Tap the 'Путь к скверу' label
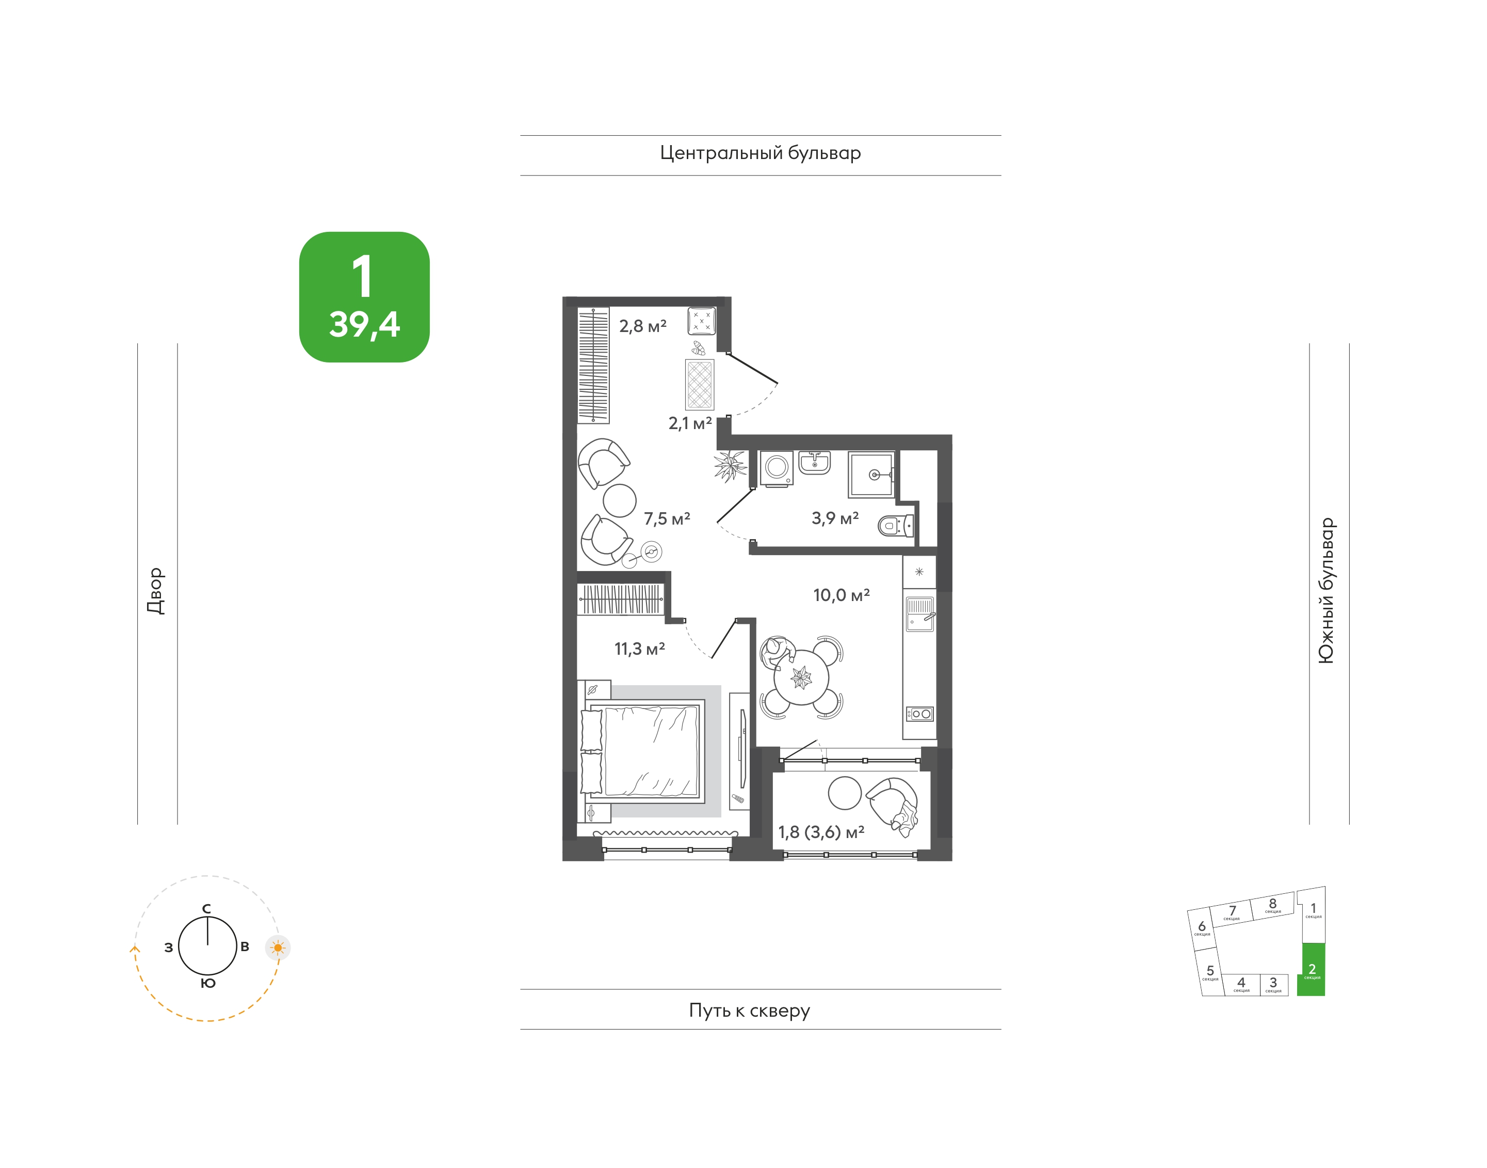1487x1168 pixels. (x=749, y=1010)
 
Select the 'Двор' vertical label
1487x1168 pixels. (x=156, y=591)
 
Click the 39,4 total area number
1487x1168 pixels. (x=364, y=324)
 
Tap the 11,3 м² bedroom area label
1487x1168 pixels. (x=640, y=648)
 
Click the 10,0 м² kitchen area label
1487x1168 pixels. (x=841, y=595)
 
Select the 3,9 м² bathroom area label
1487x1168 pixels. (x=835, y=518)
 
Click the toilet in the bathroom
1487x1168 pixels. (x=896, y=525)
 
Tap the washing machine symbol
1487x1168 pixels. (x=777, y=468)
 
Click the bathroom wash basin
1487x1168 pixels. (x=815, y=462)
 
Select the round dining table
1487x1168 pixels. (x=801, y=677)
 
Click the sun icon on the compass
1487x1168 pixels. (x=278, y=948)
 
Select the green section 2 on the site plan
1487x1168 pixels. (x=1312, y=970)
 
